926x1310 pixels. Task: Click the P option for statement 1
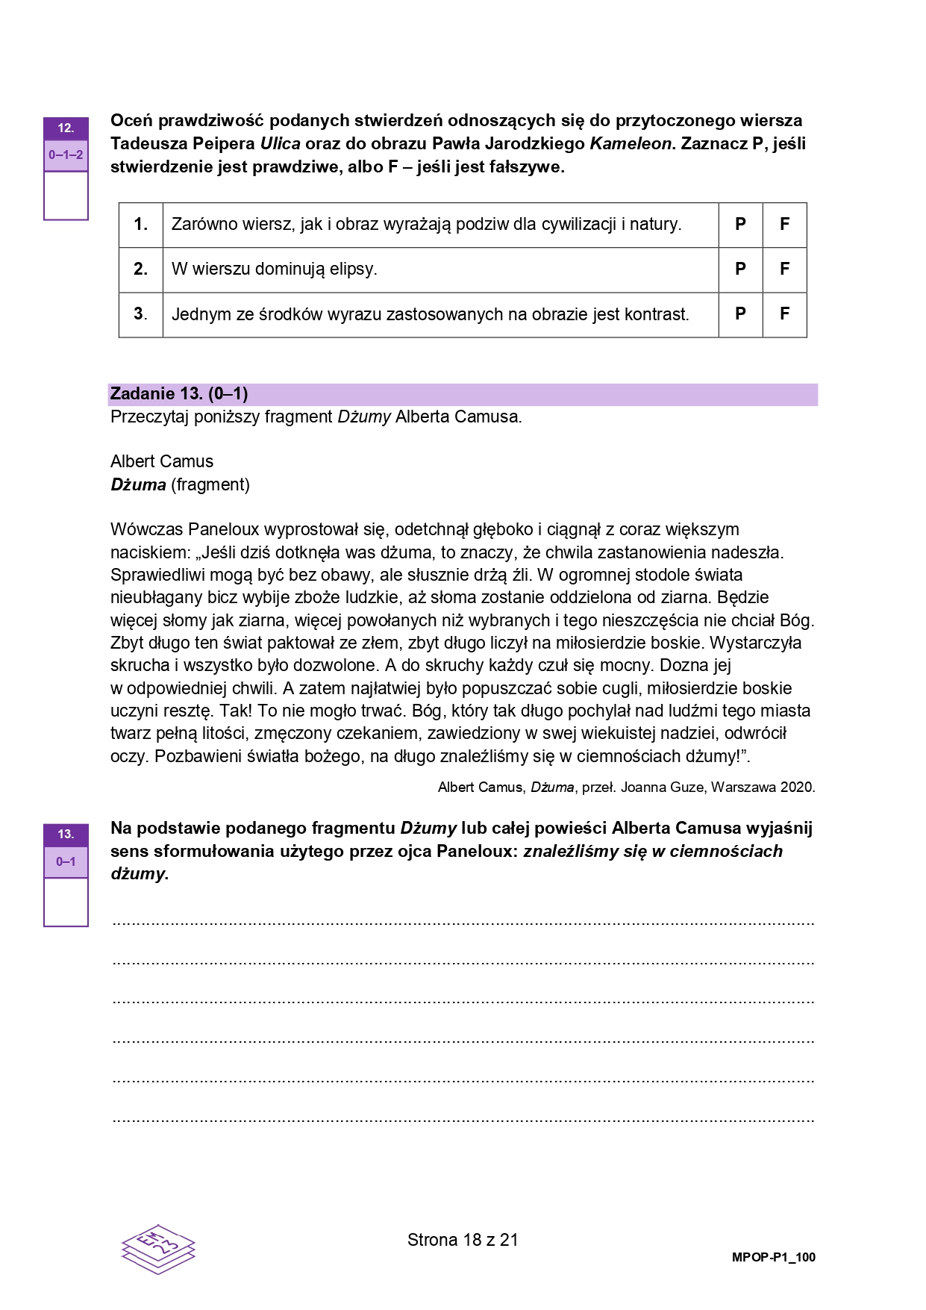coord(740,224)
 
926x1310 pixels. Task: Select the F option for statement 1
coord(784,224)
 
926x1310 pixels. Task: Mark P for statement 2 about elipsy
coord(740,269)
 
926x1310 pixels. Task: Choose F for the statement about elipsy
coord(784,269)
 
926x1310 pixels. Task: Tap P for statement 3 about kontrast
coord(740,314)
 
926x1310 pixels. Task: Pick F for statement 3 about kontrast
coord(784,314)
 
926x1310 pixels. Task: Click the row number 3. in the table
coord(140,314)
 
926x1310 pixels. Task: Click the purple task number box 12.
coord(66,128)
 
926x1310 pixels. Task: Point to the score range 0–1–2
coord(66,155)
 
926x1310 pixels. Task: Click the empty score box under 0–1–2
coord(66,196)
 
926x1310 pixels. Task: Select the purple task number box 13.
coord(66,835)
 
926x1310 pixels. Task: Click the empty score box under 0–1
coord(66,902)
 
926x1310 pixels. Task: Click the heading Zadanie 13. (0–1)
coord(179,393)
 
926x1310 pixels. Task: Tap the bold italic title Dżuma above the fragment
coord(138,484)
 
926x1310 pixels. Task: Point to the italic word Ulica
coord(280,143)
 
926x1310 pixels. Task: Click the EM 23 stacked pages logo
coord(158,1248)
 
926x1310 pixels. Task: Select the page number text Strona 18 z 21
coord(463,1240)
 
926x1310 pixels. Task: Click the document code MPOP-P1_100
coord(774,1257)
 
